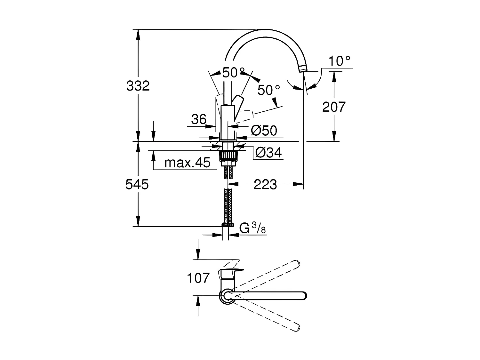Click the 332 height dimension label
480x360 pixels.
pyautogui.click(x=138, y=86)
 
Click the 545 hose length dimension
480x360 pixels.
pyautogui.click(x=137, y=184)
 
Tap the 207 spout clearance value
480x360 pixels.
pyautogui.click(x=334, y=107)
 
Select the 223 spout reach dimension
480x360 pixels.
pyautogui.click(x=265, y=184)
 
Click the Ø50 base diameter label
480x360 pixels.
pyautogui.click(x=264, y=131)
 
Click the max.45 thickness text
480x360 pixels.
pyautogui.click(x=187, y=163)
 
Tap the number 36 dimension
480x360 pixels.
pyautogui.click(x=199, y=120)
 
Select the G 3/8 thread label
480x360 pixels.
pyautogui.click(x=253, y=228)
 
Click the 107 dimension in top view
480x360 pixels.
pyautogui.click(x=198, y=278)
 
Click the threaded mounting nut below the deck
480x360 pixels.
pyautogui.click(x=228, y=156)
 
